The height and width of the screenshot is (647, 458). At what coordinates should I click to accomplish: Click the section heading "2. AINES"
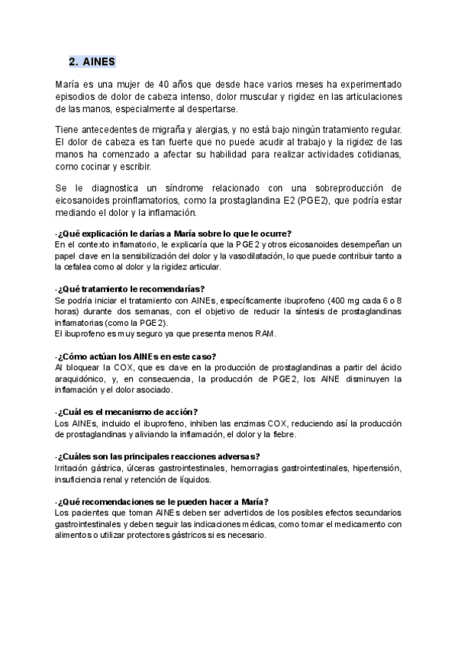click(x=92, y=62)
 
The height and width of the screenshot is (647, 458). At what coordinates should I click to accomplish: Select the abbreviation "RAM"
click(x=262, y=333)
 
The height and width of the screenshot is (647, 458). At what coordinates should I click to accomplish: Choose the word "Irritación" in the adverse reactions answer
click(x=74, y=468)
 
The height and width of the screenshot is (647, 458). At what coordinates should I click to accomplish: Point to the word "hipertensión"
click(x=379, y=468)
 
